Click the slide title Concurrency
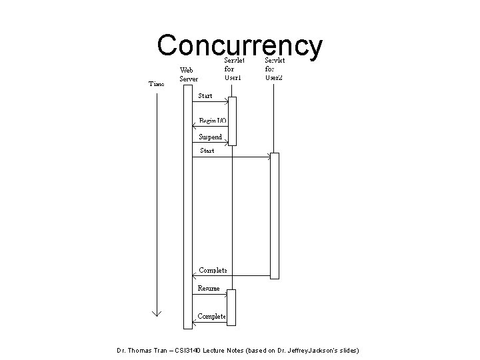pyautogui.click(x=240, y=45)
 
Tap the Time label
pyautogui.click(x=157, y=84)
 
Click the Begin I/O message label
pyautogui.click(x=213, y=121)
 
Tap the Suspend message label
pyautogui.click(x=211, y=137)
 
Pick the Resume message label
pyautogui.click(x=209, y=288)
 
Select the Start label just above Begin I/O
pyautogui.click(x=205, y=96)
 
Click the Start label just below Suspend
pyautogui.click(x=207, y=151)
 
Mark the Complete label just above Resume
pyautogui.click(x=213, y=270)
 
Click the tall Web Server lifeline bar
pyautogui.click(x=188, y=207)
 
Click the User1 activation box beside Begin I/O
pyautogui.click(x=232, y=121)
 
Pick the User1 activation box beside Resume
pyautogui.click(x=231, y=307)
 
